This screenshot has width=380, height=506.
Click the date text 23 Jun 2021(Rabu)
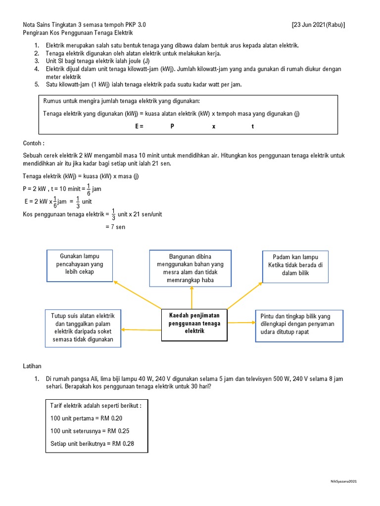coord(319,24)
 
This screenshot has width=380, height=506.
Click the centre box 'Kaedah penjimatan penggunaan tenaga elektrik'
coord(194,325)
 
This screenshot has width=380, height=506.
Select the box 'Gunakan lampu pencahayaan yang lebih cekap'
coord(80,265)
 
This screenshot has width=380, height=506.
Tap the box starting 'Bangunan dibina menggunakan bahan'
coord(190,268)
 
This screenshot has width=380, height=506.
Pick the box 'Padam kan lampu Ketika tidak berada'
coord(295,266)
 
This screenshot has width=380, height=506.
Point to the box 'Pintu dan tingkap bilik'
coord(299,326)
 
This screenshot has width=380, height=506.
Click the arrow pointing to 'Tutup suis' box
coord(141,330)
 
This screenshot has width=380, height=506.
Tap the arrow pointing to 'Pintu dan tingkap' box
coord(241,323)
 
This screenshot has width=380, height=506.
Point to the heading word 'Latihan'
coord(33,366)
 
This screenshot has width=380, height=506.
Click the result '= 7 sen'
coord(115,227)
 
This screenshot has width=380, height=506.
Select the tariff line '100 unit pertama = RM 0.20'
coord(87,419)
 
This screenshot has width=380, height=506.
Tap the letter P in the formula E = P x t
coord(172,126)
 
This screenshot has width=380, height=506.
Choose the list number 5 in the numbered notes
coord(37,84)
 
